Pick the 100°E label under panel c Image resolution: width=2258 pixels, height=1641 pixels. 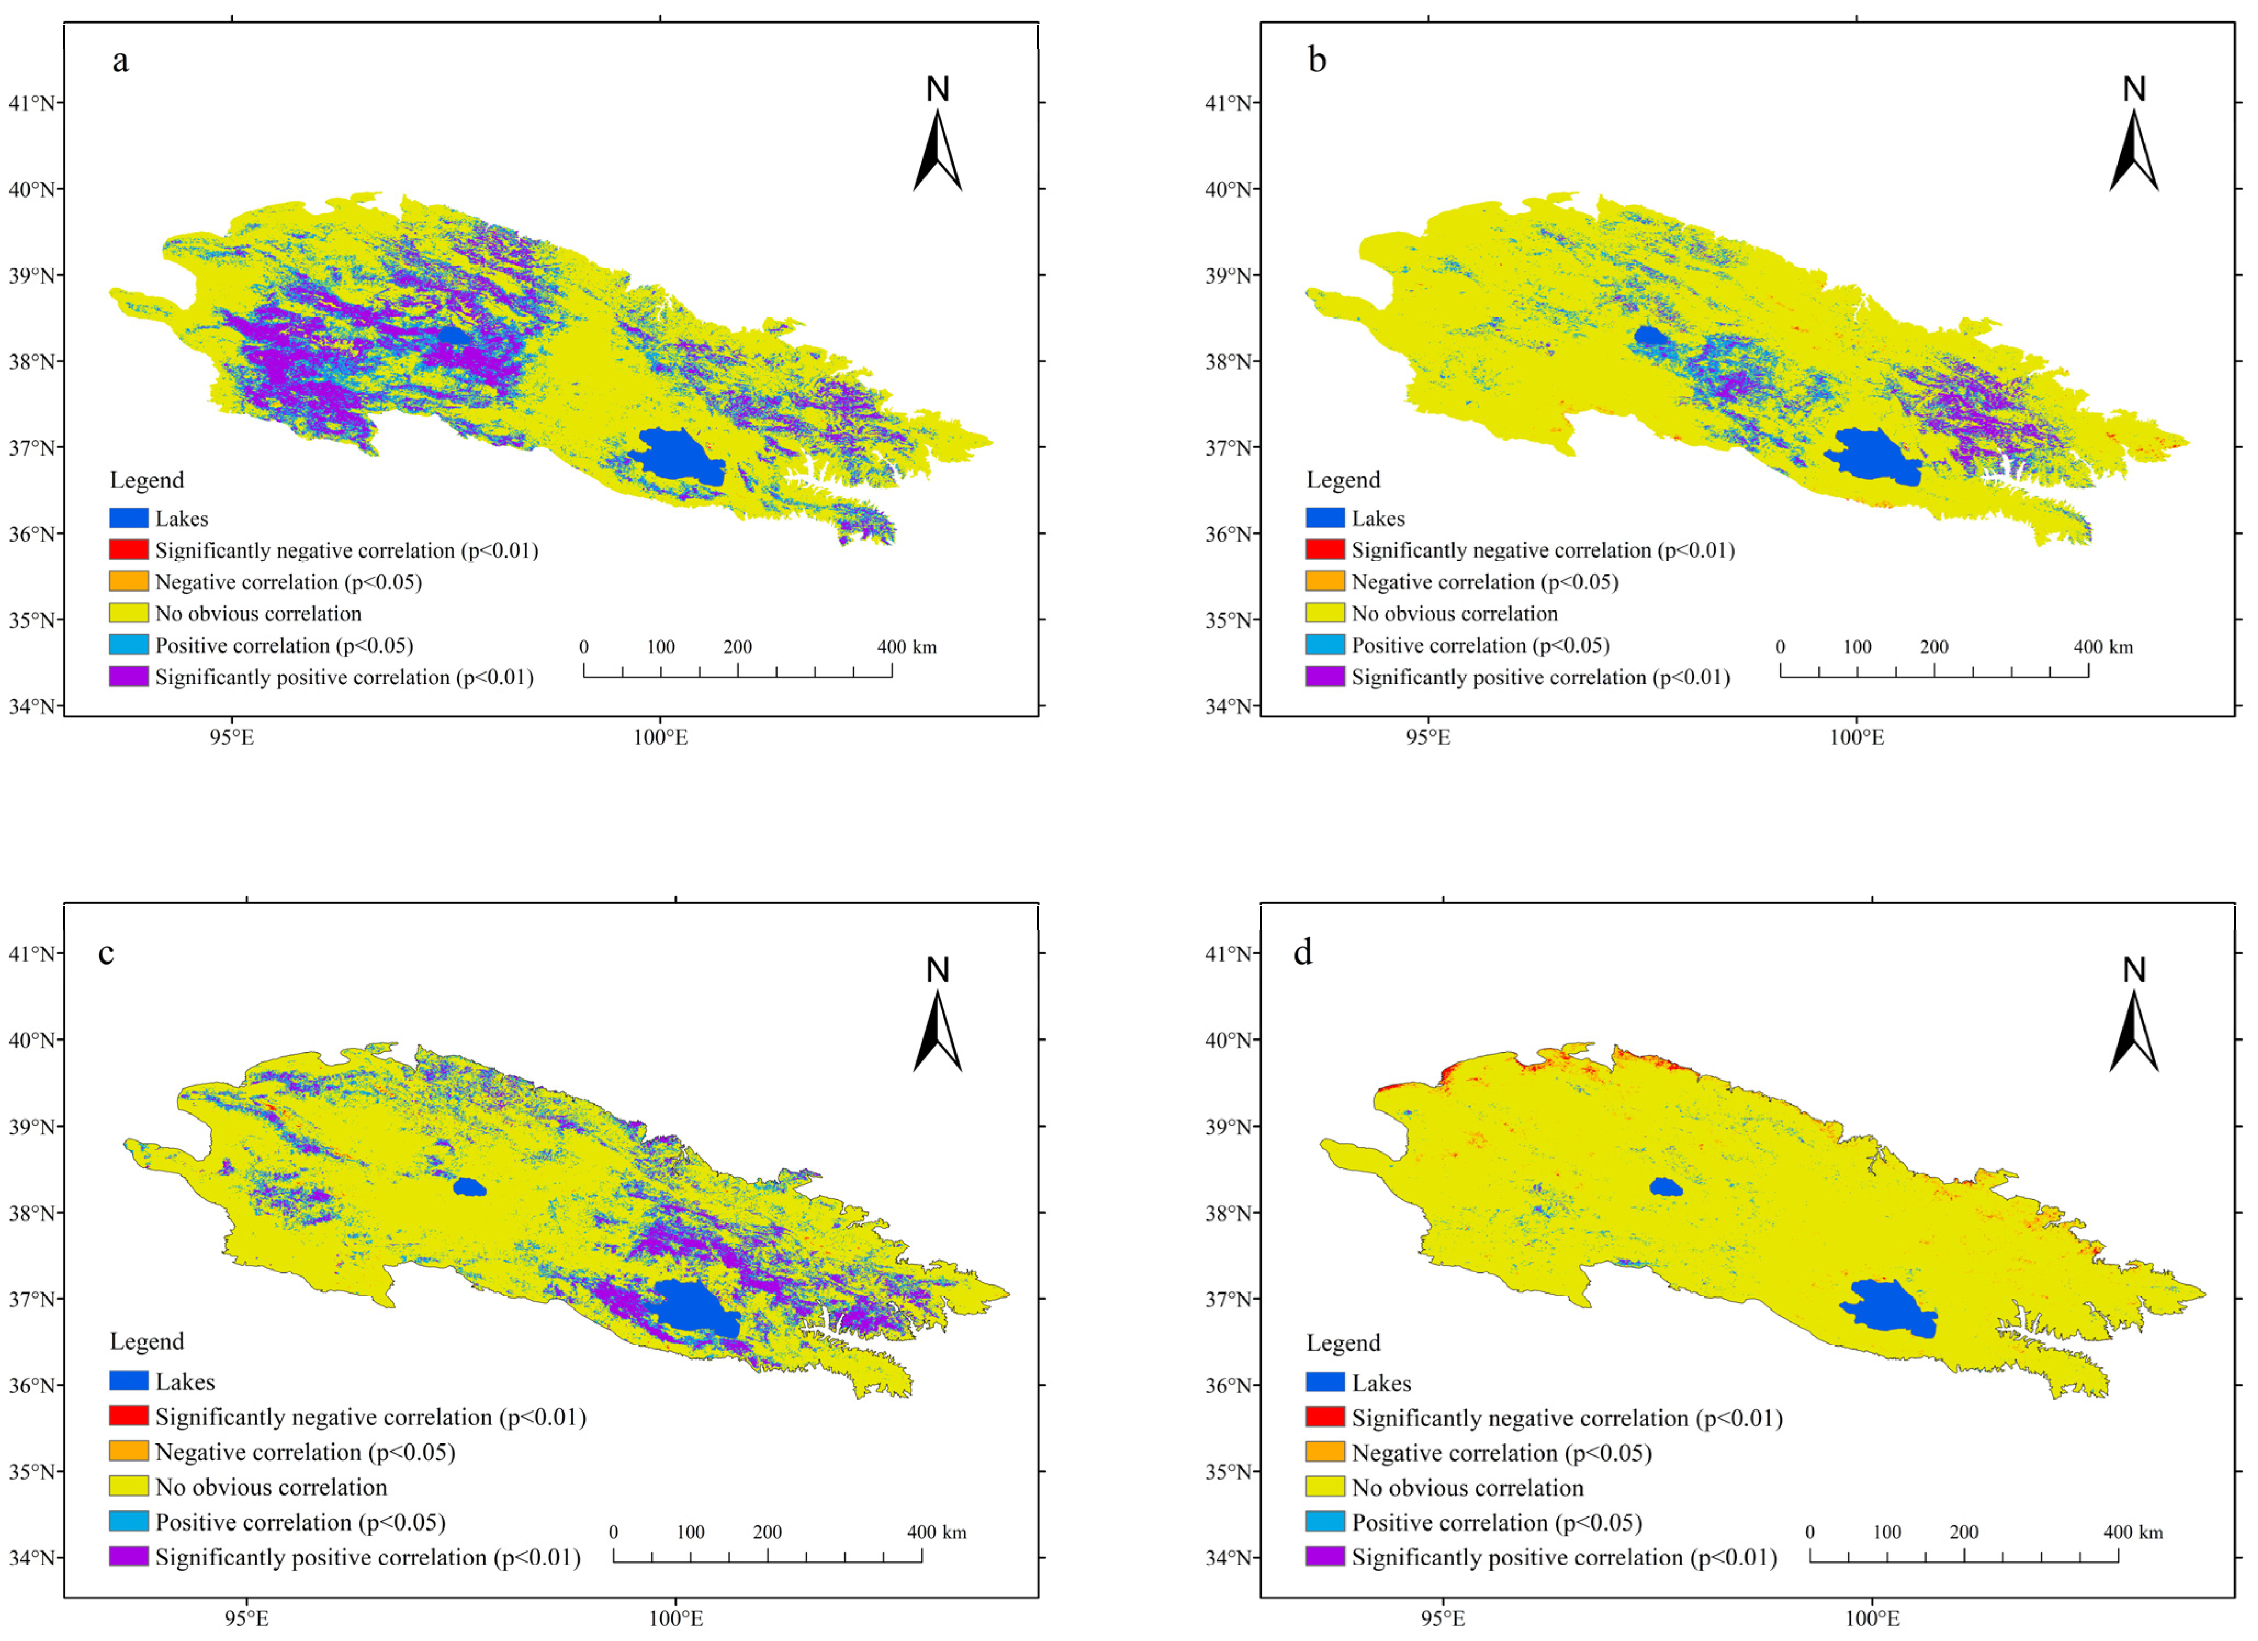click(x=676, y=1618)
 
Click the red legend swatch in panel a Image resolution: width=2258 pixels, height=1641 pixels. click(x=128, y=550)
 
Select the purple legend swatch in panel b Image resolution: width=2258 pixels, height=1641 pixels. click(x=1325, y=677)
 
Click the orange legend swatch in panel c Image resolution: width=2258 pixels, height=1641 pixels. click(x=128, y=1451)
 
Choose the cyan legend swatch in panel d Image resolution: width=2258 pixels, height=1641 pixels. click(x=1325, y=1521)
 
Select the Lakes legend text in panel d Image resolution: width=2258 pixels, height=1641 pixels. click(x=1381, y=1383)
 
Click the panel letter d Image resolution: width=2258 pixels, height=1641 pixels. click(x=1302, y=953)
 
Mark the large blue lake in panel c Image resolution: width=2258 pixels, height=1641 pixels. click(x=695, y=1308)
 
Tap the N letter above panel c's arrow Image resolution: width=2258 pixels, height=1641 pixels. click(x=937, y=969)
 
